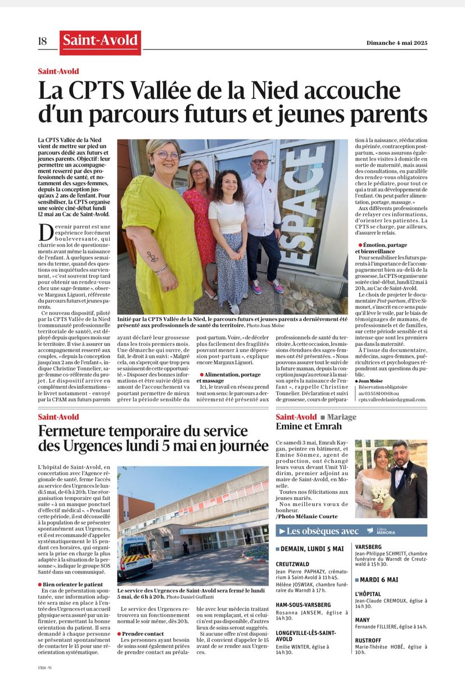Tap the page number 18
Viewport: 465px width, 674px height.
click(x=43, y=42)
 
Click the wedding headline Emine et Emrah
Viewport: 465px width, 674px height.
click(x=309, y=426)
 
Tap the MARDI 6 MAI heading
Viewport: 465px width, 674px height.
click(x=380, y=580)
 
